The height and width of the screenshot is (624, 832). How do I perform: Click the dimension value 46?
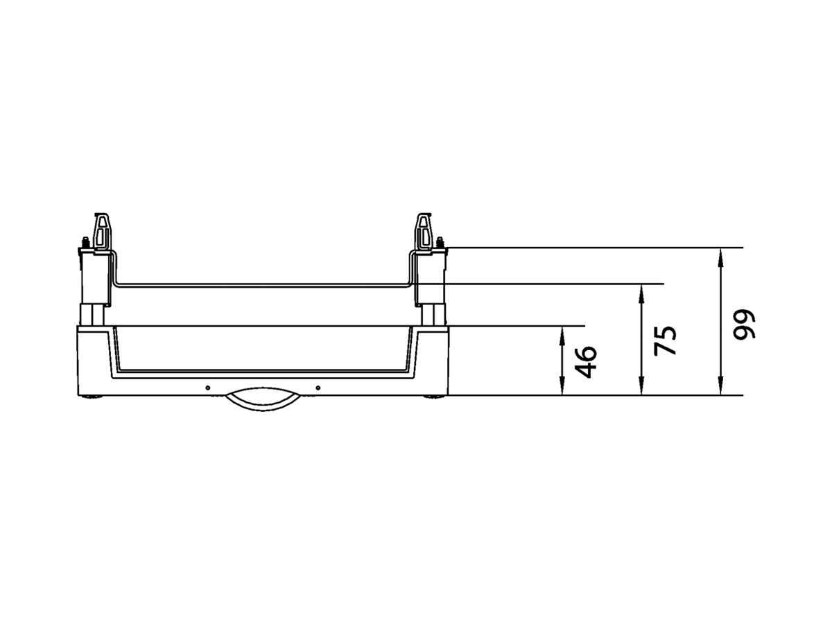click(586, 361)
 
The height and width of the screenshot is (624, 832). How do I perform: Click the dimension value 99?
click(745, 323)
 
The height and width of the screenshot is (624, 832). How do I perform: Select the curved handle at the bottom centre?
click(262, 401)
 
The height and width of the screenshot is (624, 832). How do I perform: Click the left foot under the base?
click(92, 398)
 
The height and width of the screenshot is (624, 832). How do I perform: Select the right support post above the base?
click(433, 313)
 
